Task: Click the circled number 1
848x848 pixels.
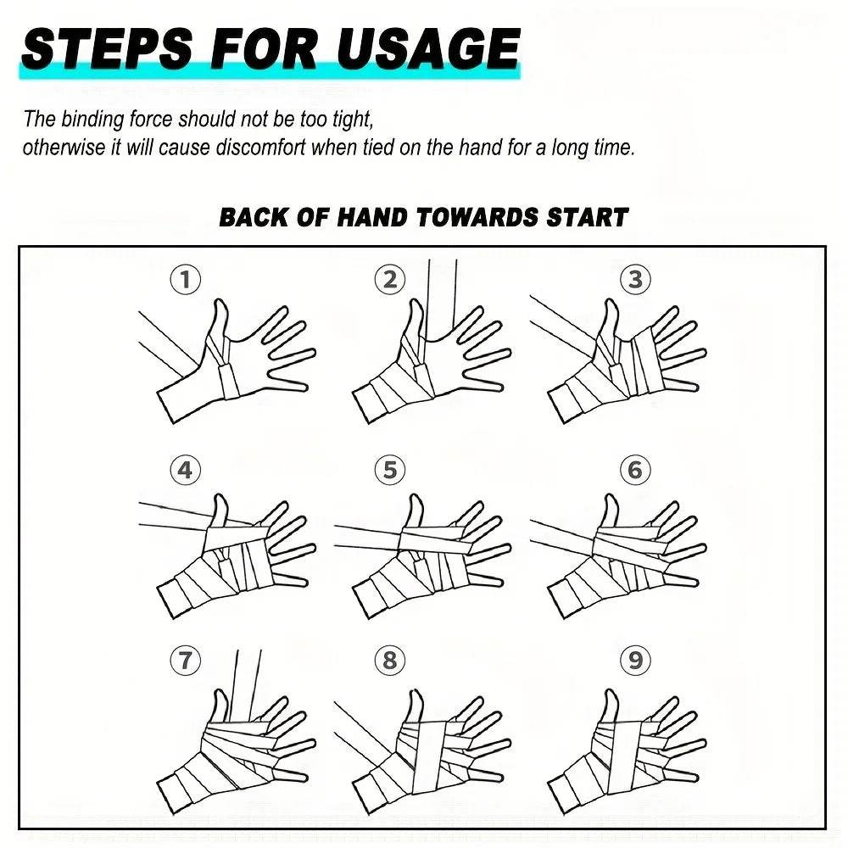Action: tap(186, 280)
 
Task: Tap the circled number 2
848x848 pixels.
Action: tap(390, 280)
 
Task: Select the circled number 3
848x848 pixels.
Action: tap(635, 280)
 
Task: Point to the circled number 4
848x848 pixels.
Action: tap(186, 470)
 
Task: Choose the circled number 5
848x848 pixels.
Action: tap(390, 470)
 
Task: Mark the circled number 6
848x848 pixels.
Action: tap(635, 470)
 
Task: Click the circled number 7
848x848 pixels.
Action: tap(186, 661)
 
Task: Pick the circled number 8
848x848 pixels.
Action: tap(390, 661)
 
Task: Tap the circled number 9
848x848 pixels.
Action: tap(635, 661)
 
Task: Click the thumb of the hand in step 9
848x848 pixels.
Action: tap(609, 706)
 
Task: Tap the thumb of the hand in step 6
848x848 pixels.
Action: tap(609, 510)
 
